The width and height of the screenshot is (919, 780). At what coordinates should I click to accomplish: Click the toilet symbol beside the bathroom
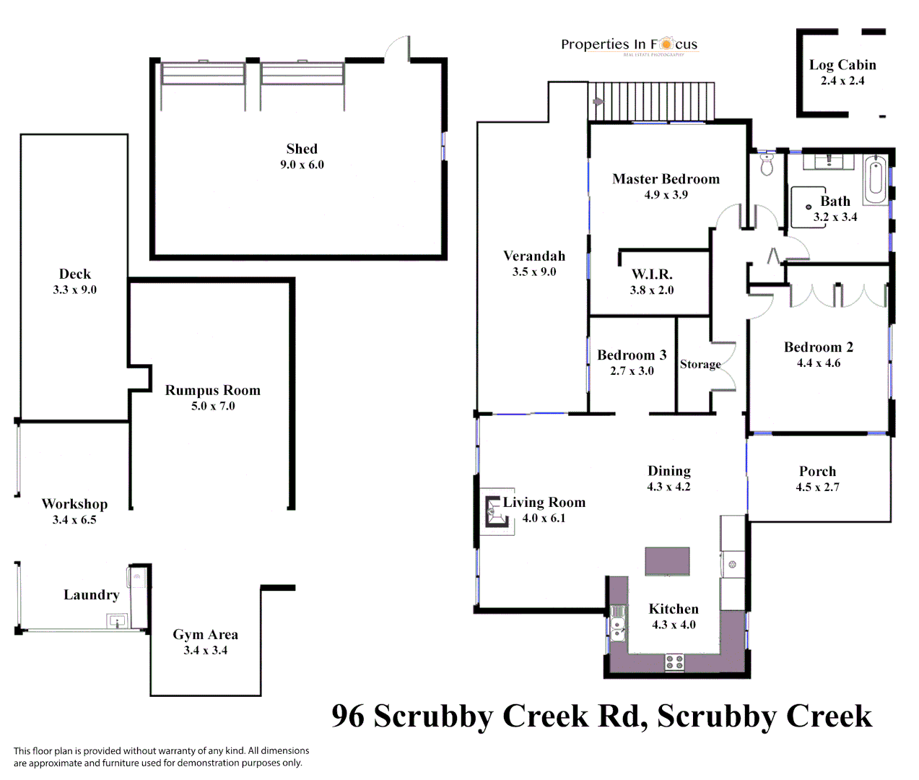(767, 165)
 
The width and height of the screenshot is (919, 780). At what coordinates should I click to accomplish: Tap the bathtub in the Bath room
(875, 180)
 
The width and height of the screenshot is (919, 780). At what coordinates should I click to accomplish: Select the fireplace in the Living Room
(495, 512)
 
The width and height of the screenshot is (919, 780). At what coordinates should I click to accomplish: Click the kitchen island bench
(667, 561)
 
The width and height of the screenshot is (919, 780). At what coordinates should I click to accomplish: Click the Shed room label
(302, 149)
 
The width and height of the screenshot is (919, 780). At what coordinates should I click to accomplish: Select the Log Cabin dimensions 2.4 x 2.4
(842, 81)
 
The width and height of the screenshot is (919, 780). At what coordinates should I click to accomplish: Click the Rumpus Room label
(212, 390)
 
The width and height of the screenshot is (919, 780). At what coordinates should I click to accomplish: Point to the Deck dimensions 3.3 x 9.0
(74, 290)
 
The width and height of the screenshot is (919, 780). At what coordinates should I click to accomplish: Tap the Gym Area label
(205, 634)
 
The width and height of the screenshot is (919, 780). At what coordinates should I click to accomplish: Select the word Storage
(700, 364)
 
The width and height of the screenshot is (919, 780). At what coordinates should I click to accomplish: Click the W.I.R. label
(652, 274)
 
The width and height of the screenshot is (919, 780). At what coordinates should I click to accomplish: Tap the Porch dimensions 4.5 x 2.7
(817, 487)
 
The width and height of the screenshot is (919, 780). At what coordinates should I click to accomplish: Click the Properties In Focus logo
(629, 45)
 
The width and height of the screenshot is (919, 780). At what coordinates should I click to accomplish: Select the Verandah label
(534, 256)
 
